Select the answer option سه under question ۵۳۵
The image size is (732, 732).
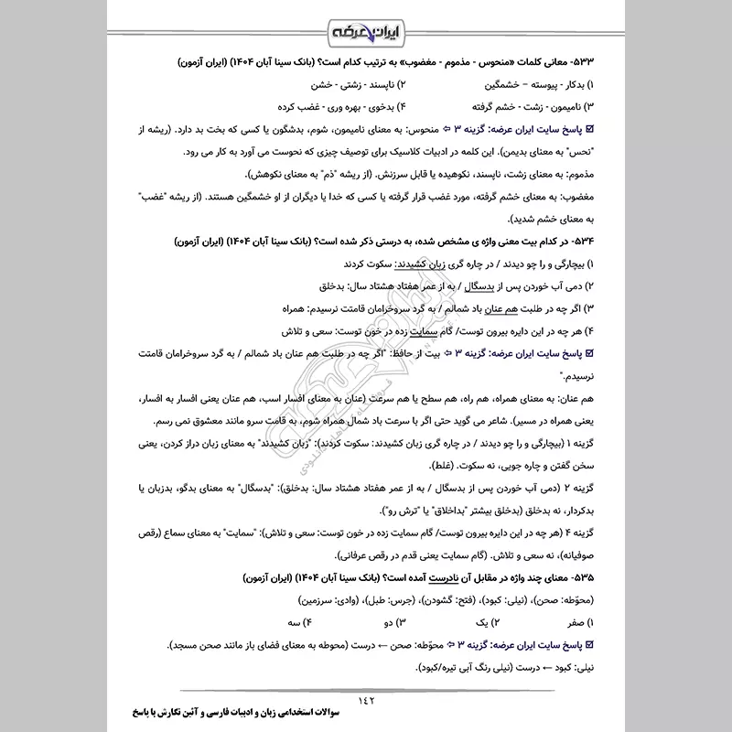[303, 624]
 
